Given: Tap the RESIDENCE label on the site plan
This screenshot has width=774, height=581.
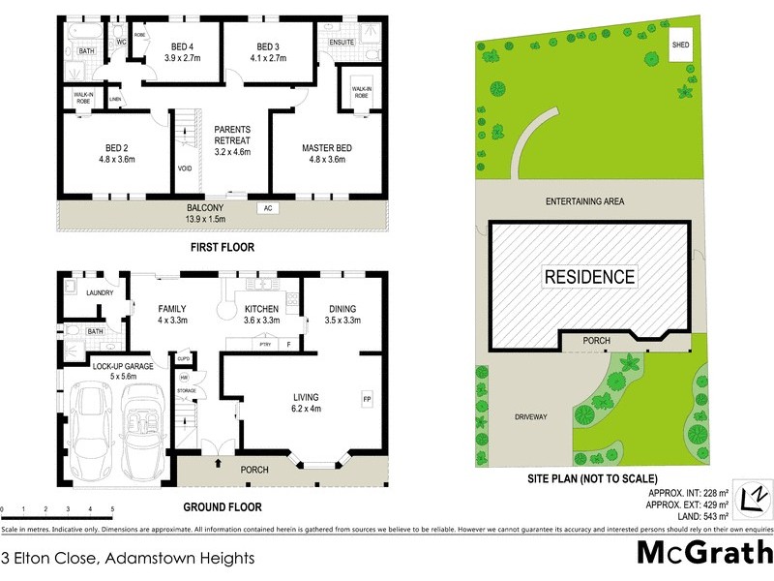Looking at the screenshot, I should [x=590, y=277].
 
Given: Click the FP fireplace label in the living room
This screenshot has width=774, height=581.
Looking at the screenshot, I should [x=367, y=398].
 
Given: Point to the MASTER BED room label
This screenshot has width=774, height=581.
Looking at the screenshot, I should [x=326, y=147].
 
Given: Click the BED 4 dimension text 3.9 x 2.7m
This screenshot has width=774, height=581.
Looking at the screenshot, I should [x=183, y=58].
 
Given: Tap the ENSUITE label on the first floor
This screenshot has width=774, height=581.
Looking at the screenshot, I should [x=342, y=44].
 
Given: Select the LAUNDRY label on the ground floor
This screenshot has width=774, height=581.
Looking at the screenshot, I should [x=101, y=292].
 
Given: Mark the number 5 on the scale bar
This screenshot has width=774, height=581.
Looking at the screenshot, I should [x=112, y=509].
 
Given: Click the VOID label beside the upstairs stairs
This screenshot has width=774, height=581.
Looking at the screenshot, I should [x=185, y=168].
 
